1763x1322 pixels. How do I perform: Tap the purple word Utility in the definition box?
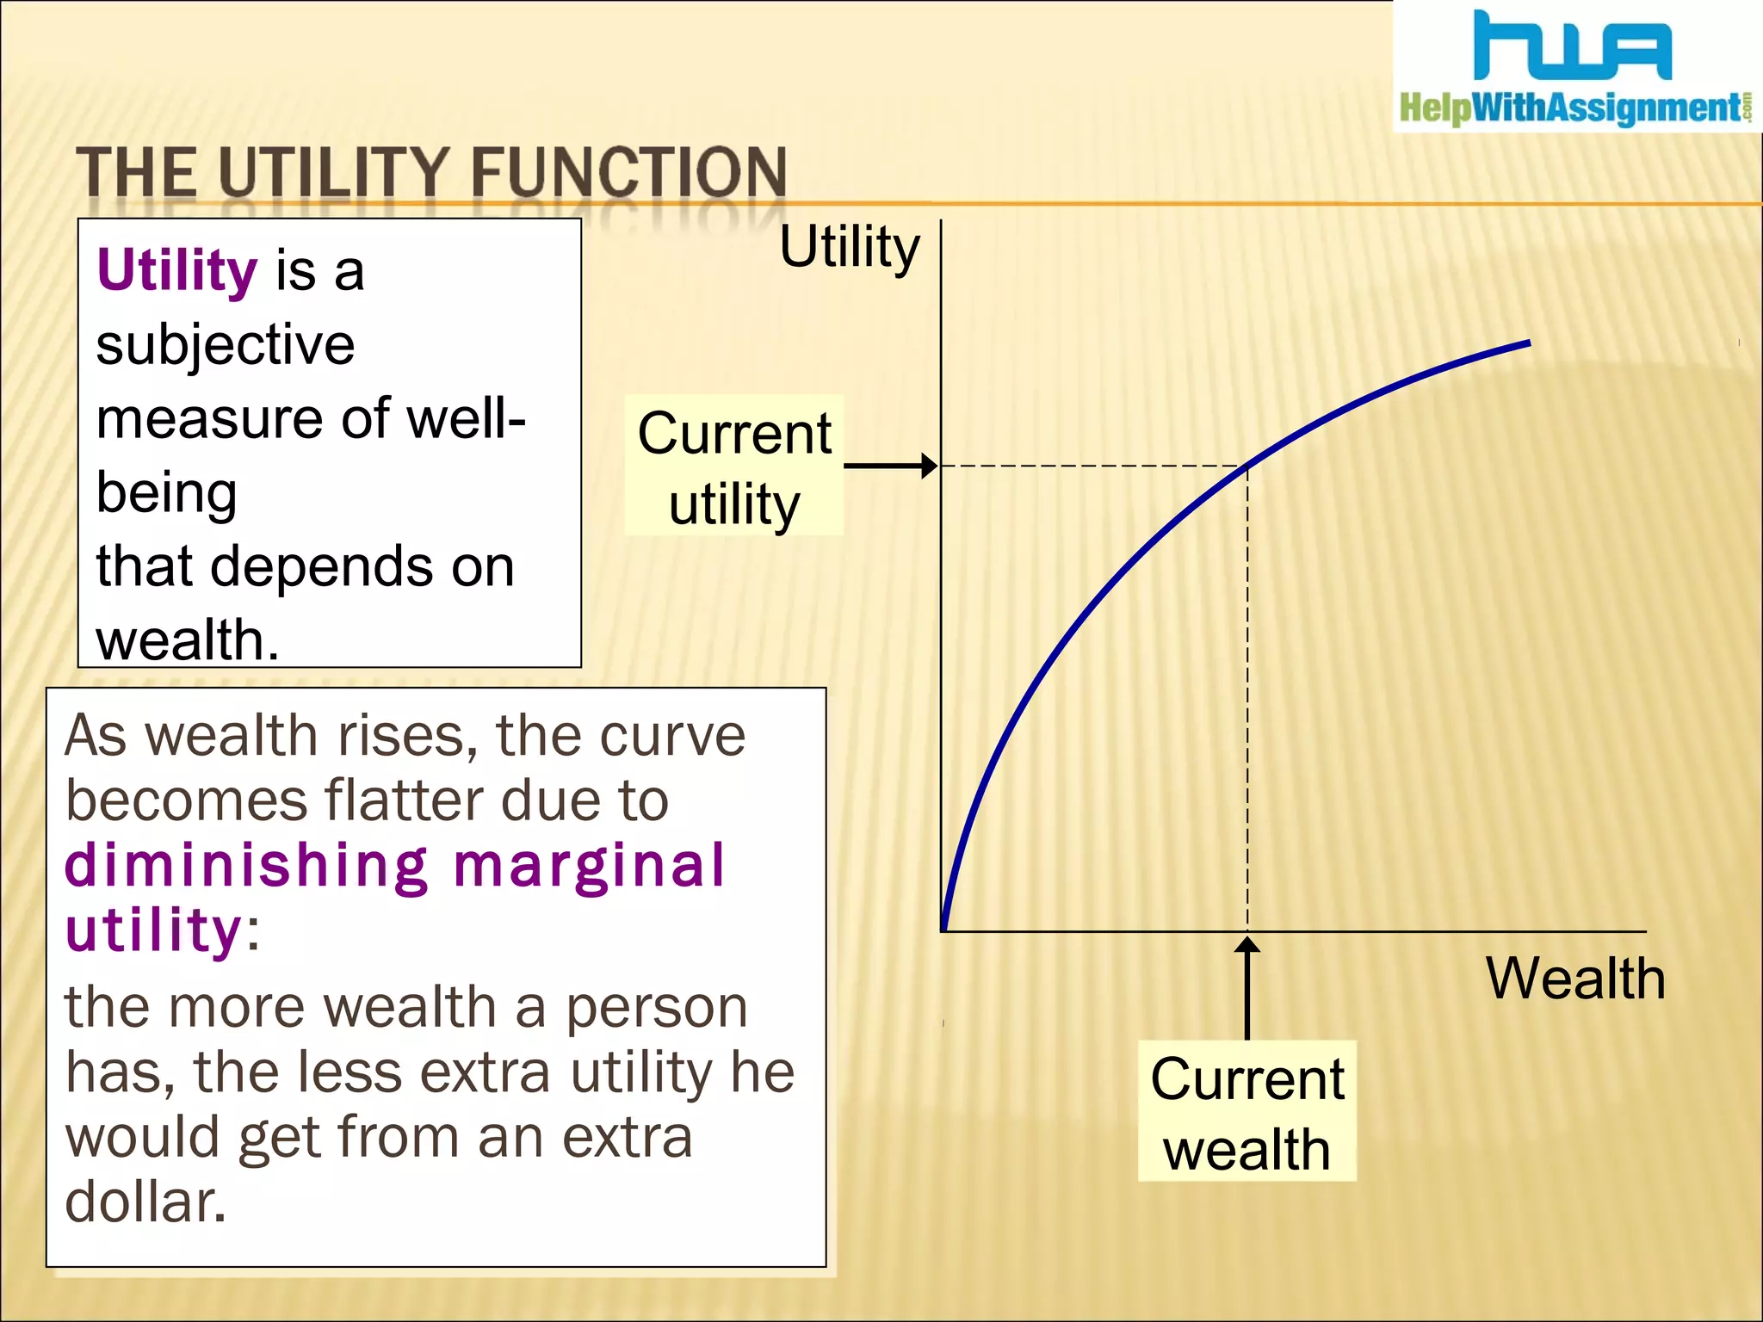coord(176,270)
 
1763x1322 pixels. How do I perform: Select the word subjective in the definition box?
coord(226,344)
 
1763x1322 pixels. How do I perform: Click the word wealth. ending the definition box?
coord(188,639)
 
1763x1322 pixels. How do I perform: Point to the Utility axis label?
coord(849,247)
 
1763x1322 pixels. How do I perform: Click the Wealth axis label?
coord(1575,979)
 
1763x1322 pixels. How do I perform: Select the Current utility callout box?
coord(733,466)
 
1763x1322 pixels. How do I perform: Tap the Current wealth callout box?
coord(1246,1111)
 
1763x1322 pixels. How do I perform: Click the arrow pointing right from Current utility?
coord(891,466)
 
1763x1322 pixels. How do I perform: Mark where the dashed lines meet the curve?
coord(1247,466)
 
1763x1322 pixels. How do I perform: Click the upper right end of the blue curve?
coord(1527,343)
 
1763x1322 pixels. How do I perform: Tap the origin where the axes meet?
coord(943,930)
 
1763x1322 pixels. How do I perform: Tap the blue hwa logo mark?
coord(1572,46)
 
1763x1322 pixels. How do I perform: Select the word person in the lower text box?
coord(656,1007)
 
